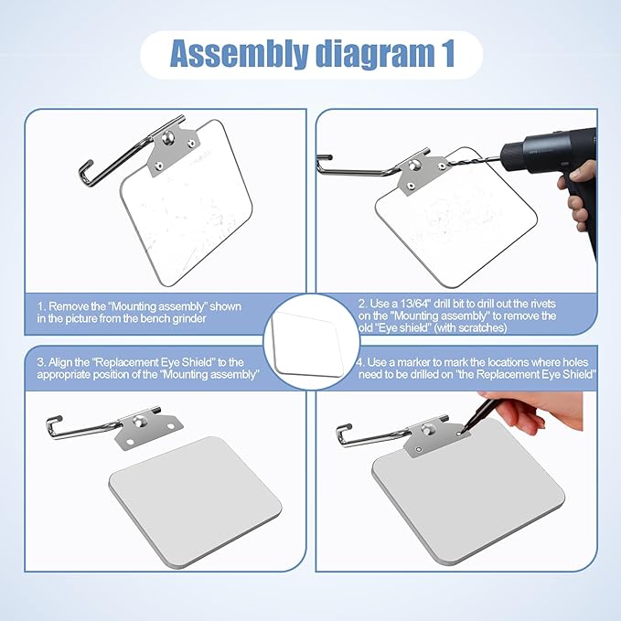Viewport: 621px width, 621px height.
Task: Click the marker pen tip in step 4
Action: tap(462, 431)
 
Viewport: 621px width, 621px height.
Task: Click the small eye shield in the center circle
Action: tap(307, 344)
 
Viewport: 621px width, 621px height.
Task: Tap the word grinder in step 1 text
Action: tap(189, 319)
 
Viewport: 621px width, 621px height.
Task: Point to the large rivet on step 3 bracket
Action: tap(139, 421)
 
